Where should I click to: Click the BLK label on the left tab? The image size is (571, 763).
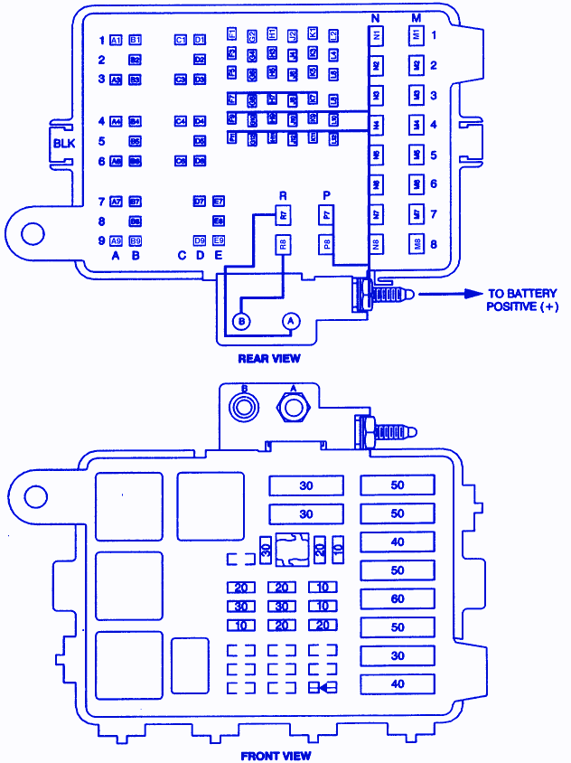(64, 143)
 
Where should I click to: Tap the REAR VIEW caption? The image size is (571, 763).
(269, 359)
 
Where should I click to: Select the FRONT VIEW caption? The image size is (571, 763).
(276, 755)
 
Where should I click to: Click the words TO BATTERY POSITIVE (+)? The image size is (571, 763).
(523, 300)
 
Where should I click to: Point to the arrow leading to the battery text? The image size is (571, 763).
(448, 294)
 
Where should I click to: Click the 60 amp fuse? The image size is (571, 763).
(398, 599)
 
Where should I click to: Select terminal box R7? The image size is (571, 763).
(283, 216)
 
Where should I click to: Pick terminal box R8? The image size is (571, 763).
(283, 244)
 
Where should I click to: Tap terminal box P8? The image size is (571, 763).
(326, 244)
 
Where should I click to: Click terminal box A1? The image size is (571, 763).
(116, 41)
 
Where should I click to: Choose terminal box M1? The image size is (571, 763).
(417, 35)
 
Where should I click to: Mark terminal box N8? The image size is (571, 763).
(376, 244)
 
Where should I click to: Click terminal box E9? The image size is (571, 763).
(218, 240)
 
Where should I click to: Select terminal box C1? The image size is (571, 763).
(180, 41)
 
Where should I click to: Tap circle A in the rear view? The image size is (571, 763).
(291, 321)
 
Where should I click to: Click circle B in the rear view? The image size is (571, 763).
(241, 321)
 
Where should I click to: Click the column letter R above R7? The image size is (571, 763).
(283, 195)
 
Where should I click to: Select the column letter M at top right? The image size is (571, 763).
(416, 17)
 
